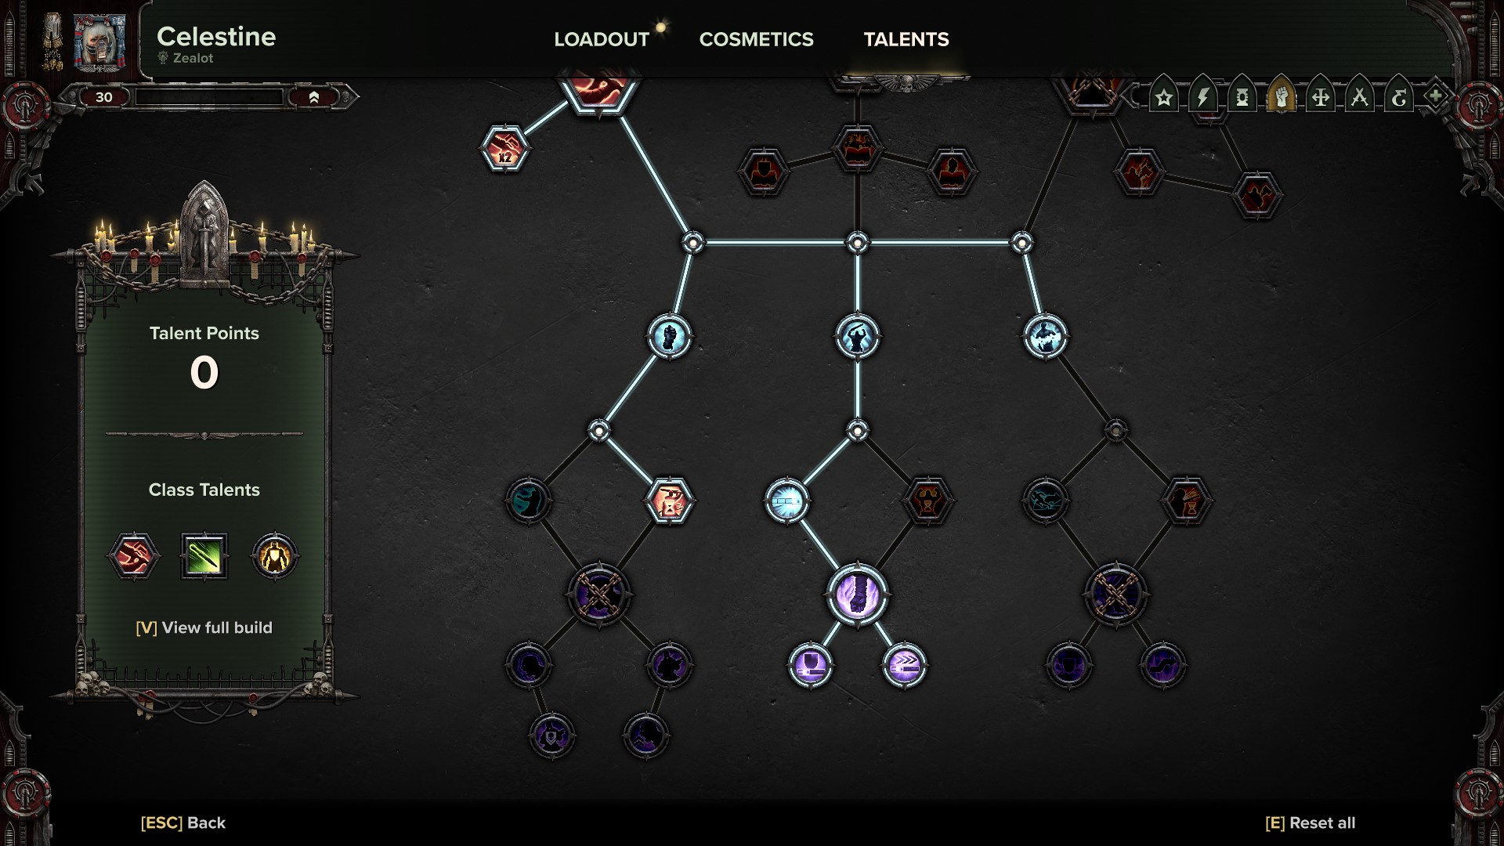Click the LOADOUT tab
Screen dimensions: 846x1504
pos(601,39)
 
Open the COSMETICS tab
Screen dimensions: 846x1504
pos(756,39)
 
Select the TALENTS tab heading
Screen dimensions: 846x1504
pos(906,39)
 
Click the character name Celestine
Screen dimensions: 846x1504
pos(216,37)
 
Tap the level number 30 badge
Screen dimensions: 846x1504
pos(104,97)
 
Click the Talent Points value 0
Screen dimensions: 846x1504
pos(204,373)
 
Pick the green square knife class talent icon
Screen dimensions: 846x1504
pos(204,556)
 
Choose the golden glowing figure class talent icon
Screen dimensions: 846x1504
pos(274,556)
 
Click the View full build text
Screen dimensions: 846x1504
pos(204,627)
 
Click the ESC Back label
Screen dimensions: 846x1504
pos(183,822)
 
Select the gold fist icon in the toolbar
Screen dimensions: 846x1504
pos(1281,97)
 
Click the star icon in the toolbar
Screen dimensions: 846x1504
pos(1164,97)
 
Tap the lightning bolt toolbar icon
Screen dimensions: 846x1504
pos(1203,97)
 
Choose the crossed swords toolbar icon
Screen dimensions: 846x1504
pos(1359,97)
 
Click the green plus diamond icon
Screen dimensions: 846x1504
pos(1435,96)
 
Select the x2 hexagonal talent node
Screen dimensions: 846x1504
pos(505,149)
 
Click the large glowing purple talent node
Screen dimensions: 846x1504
pos(857,594)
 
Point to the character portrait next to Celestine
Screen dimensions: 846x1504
pos(99,42)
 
